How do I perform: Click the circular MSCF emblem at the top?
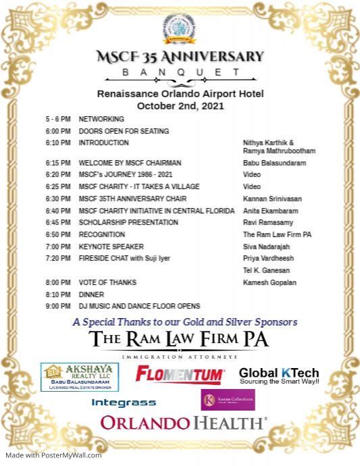179,28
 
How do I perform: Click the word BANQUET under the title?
179,72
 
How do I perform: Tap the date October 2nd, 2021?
179,105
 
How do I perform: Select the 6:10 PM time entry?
58,143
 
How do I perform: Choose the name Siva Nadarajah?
267,247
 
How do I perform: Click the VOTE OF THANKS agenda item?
107,282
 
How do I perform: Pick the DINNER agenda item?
91,294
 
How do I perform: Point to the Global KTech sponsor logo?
279,376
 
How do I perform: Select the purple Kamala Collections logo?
228,400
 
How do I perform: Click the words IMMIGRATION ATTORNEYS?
179,356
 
